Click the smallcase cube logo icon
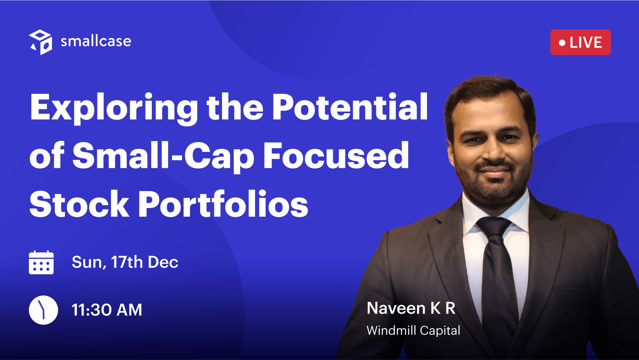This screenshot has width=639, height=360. click(41, 42)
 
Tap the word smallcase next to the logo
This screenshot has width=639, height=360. click(96, 41)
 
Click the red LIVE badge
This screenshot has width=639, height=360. click(580, 42)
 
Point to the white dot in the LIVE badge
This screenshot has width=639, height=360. click(562, 43)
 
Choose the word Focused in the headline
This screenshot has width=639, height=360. click(336, 155)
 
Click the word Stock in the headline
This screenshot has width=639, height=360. click(79, 204)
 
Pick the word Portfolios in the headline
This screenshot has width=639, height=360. click(223, 204)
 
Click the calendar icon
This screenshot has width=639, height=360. click(41, 262)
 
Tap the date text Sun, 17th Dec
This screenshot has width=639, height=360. click(125, 262)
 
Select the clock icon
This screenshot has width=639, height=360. click(43, 310)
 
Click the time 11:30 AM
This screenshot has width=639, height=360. click(107, 310)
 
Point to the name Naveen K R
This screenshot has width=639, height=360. click(411, 308)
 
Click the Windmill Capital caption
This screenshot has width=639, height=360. click(413, 330)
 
